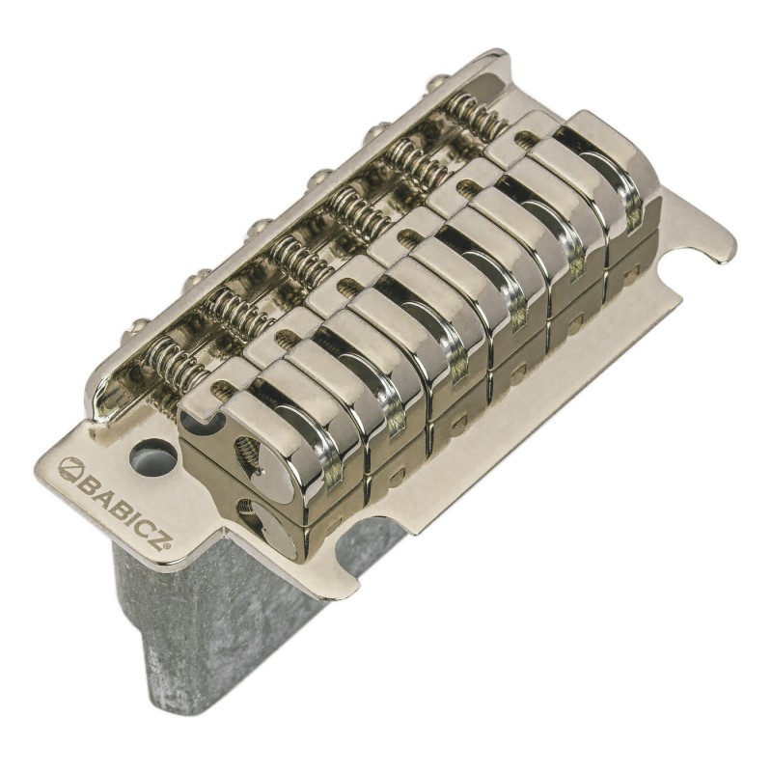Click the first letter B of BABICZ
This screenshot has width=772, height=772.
(x=85, y=480)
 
